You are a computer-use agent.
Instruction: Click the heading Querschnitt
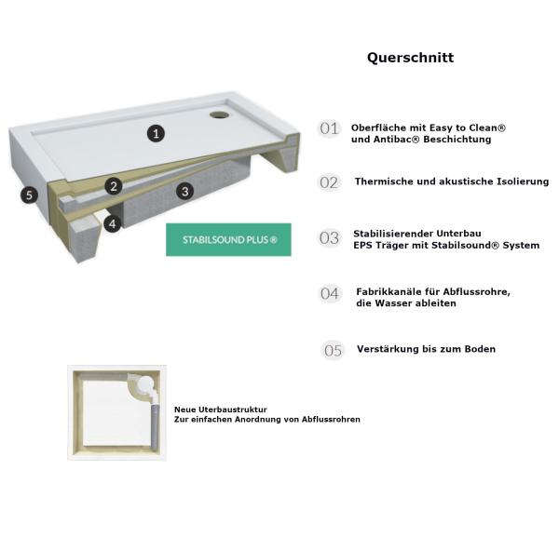pyautogui.click(x=410, y=58)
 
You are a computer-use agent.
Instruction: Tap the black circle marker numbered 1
pyautogui.click(x=157, y=133)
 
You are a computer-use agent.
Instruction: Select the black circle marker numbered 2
pyautogui.click(x=114, y=186)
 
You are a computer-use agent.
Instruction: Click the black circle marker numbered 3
pyautogui.click(x=185, y=192)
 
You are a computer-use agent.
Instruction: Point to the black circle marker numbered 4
pyautogui.click(x=112, y=224)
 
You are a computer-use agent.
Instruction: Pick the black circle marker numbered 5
pyautogui.click(x=30, y=195)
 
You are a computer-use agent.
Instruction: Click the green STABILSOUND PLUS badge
pyautogui.click(x=228, y=239)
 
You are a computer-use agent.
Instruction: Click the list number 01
pyautogui.click(x=329, y=129)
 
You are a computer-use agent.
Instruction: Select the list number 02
pyautogui.click(x=329, y=182)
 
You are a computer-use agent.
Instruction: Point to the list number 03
pyautogui.click(x=329, y=238)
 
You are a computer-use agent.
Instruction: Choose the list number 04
pyautogui.click(x=330, y=294)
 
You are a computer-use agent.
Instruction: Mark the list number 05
pyautogui.click(x=333, y=350)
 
